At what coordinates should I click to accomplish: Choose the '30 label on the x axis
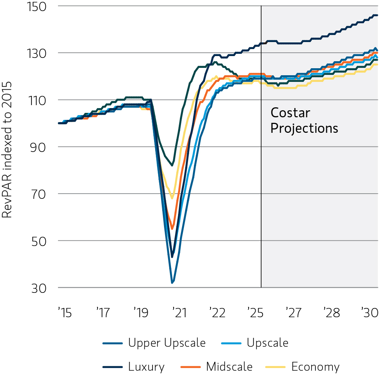pos(369,313)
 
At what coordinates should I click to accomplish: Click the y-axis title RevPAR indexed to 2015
pos(7,150)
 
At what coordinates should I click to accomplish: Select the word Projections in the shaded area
pos(304,128)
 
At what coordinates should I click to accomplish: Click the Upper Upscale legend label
pos(167,343)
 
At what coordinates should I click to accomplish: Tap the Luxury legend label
pos(146,367)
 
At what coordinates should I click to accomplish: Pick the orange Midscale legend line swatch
pos(191,367)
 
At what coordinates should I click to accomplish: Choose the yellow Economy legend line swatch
pos(276,367)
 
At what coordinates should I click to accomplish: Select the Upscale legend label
pos(267,343)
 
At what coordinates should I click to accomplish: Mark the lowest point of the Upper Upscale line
pos(172,283)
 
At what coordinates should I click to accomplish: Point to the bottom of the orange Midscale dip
pos(172,229)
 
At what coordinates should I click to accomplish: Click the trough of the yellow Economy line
pos(172,198)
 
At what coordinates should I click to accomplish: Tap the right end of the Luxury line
pos(377,15)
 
